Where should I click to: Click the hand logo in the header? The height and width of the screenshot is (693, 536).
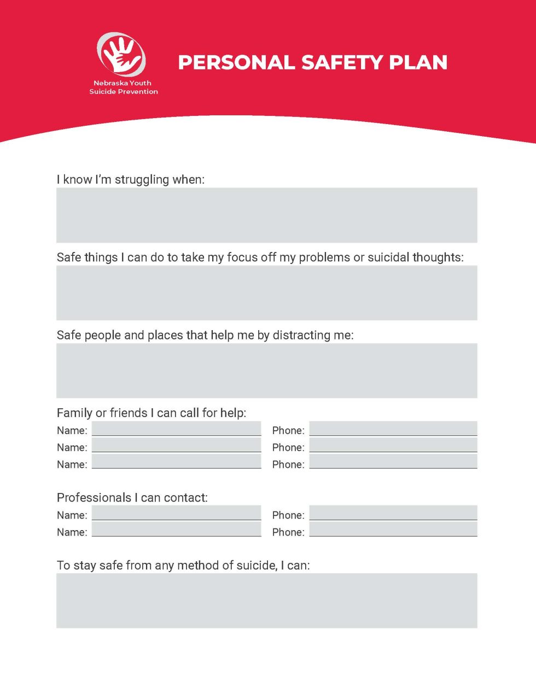(121, 54)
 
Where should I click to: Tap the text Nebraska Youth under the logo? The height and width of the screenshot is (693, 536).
(123, 83)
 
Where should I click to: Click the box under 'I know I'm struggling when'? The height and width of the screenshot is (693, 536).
(266, 215)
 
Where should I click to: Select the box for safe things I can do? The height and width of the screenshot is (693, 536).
(266, 292)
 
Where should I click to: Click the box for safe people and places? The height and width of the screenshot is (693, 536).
(266, 370)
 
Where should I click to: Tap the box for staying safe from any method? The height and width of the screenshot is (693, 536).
(266, 600)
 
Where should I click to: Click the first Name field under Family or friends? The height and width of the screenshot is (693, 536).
(176, 429)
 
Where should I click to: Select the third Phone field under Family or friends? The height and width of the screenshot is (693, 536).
(393, 462)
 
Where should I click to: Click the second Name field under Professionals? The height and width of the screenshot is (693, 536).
(176, 530)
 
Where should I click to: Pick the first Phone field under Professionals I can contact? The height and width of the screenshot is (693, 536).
(393, 513)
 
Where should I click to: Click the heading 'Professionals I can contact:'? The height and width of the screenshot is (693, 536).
(132, 498)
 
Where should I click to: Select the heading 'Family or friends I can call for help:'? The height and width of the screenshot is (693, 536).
(152, 413)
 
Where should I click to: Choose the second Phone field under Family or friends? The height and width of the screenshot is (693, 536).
(393, 446)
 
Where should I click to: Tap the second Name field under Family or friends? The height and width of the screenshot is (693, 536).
(176, 446)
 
